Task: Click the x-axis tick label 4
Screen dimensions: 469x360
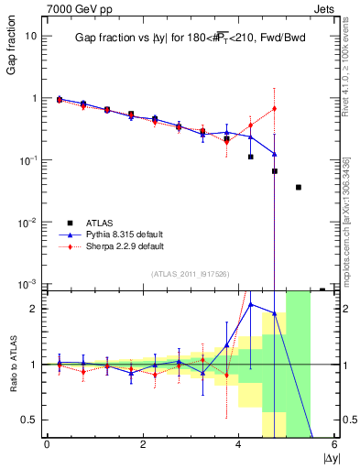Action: point(239,444)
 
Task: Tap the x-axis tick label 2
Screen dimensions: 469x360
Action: point(143,444)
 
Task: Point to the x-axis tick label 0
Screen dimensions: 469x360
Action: point(47,444)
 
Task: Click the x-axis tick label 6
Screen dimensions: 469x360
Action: point(334,444)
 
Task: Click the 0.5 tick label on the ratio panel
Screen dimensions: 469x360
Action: point(29,420)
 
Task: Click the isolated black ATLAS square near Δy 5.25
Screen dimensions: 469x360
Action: point(299,187)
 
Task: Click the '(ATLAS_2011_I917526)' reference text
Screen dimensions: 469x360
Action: point(190,274)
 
